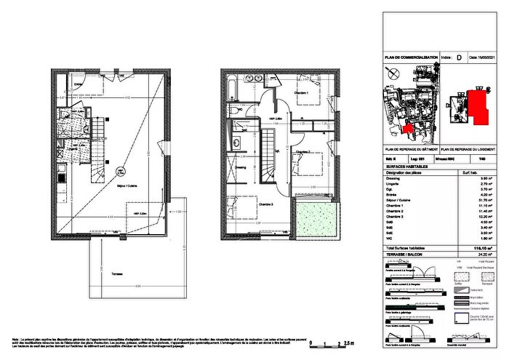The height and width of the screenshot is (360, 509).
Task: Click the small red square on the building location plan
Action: [407, 129]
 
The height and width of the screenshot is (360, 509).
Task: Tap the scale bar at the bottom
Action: [332, 341]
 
